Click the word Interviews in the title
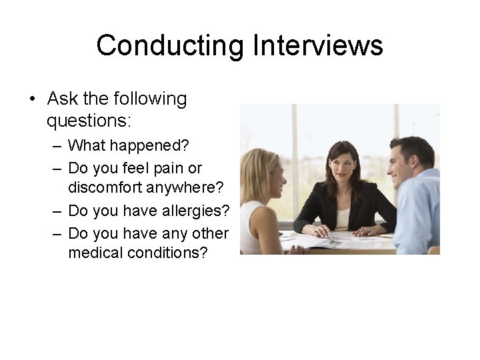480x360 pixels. click(x=318, y=45)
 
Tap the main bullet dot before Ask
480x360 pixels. click(x=31, y=99)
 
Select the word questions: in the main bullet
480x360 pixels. click(x=89, y=121)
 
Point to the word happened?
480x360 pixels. click(x=155, y=145)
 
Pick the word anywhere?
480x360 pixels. click(x=193, y=189)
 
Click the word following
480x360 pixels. click(x=143, y=99)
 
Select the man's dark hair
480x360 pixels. click(x=413, y=148)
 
